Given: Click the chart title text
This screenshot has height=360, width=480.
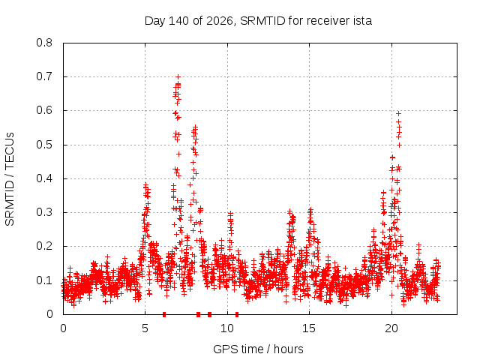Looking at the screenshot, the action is pos(258,21).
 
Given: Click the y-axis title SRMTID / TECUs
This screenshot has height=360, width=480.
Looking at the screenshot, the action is pos(10,179).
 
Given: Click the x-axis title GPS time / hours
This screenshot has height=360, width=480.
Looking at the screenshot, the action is pos(258,349).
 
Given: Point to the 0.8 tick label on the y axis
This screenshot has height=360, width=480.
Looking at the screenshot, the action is pos(44,43).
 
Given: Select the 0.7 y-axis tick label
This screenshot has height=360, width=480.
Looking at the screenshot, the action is pos(44,76).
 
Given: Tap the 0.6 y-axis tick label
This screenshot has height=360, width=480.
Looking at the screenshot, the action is pos(44,110).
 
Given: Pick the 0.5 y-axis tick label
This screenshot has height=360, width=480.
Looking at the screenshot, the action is pos(44,145).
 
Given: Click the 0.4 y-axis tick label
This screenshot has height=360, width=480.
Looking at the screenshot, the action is pos(44,178).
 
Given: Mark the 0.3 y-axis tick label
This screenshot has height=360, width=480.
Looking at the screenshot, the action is pos(44,212).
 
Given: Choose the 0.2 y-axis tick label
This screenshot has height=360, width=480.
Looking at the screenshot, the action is pos(44,246).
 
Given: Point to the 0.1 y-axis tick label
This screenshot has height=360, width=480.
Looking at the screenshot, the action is pos(44,280).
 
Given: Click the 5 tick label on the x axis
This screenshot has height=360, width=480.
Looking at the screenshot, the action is pos(145,328).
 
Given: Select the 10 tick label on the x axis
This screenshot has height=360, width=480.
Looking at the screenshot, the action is pos(227,328).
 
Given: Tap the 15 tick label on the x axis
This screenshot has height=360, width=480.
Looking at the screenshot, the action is pos(309,328).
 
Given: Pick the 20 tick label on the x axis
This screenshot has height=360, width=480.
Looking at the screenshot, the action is pos(391,328).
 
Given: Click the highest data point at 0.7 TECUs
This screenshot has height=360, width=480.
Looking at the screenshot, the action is pos(178,76).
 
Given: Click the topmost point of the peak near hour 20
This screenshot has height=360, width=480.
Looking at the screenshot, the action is pos(398,113).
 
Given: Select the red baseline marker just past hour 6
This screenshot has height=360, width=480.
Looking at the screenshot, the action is pos(164,314).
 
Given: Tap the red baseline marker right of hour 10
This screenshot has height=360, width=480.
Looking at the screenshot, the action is pos(237,314).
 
